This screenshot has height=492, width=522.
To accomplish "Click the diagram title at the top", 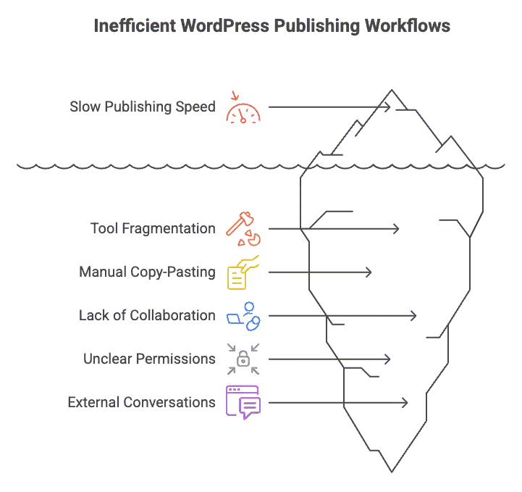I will point(271,26).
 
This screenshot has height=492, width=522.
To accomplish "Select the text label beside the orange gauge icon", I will point(144,107).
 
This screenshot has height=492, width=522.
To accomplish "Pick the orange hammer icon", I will point(243,229).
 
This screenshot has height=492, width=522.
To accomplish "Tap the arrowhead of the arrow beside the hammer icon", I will point(395,229).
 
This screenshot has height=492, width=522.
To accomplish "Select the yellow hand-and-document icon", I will point(243,272).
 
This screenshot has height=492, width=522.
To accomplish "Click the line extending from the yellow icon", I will point(322,272).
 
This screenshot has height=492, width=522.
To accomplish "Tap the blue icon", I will point(243,316).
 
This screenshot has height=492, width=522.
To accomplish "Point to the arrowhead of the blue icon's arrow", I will point(413,316).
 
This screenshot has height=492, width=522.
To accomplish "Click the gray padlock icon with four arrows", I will point(243,359).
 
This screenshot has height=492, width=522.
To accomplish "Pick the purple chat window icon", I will point(243,402).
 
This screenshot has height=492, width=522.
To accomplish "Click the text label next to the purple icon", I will point(140,402).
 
